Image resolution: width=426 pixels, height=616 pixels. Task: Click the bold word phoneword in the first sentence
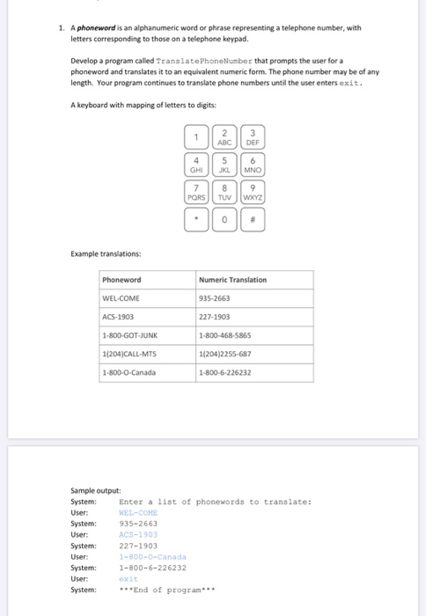click(x=99, y=28)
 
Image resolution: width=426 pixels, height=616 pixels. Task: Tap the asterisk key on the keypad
click(x=197, y=219)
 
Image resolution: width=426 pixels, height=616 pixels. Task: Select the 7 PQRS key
click(x=197, y=192)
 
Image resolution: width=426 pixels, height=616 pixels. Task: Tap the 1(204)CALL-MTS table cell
click(x=129, y=354)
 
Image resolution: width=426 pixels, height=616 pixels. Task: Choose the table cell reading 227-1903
click(x=217, y=317)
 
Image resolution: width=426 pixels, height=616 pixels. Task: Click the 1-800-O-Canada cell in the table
click(x=129, y=372)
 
